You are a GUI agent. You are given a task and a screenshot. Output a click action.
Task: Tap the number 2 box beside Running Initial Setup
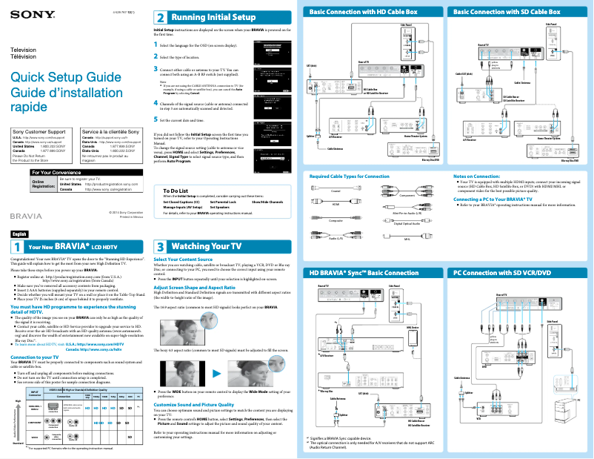[160, 16]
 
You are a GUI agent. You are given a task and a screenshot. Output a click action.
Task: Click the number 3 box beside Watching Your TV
[160, 245]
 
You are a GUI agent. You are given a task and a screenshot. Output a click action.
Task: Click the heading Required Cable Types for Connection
[349, 176]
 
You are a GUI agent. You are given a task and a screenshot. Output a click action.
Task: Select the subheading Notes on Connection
[481, 176]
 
